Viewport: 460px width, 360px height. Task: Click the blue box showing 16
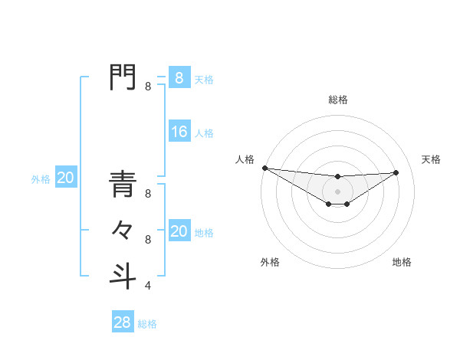click(179, 132)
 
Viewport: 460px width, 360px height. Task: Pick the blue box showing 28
click(123, 322)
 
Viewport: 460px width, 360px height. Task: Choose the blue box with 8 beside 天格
click(179, 77)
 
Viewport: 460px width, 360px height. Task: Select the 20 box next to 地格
click(179, 231)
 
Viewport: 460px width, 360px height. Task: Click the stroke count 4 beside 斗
click(148, 286)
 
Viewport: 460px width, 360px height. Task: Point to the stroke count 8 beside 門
click(148, 87)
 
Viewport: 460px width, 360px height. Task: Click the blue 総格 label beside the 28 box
click(147, 324)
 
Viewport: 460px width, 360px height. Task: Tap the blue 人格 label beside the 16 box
click(204, 133)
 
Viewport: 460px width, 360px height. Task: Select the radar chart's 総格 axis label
click(338, 100)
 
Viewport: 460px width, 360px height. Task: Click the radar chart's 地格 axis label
click(402, 262)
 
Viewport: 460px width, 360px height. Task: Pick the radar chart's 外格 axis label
click(270, 262)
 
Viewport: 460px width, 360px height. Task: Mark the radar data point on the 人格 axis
click(264, 168)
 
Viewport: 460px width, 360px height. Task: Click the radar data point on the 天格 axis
click(396, 172)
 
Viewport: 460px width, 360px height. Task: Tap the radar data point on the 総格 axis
click(338, 177)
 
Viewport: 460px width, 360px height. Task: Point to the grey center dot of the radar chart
click(338, 191)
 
